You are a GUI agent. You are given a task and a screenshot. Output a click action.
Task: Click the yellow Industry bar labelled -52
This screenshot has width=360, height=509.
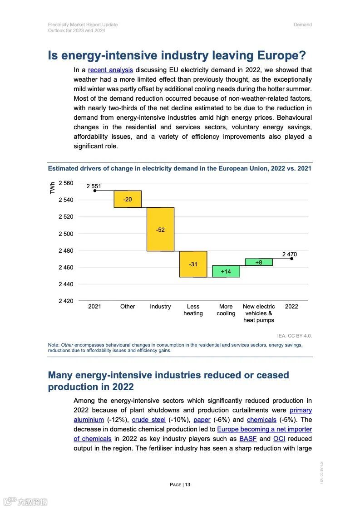pyautogui.click(x=160, y=230)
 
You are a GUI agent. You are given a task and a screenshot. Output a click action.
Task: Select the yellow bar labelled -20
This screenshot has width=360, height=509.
pyautogui.click(x=128, y=199)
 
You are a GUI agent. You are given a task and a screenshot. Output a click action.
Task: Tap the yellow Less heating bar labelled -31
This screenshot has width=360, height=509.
pyautogui.click(x=193, y=264)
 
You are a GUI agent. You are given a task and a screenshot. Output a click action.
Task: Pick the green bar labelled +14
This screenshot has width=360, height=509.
pyautogui.click(x=226, y=271)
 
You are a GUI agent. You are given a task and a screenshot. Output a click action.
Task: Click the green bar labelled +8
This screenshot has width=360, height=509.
pyautogui.click(x=259, y=262)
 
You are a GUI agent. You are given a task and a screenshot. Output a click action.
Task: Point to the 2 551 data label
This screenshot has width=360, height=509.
pyautogui.click(x=94, y=186)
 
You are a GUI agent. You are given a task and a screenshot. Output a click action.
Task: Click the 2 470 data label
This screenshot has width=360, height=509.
pyautogui.click(x=290, y=254)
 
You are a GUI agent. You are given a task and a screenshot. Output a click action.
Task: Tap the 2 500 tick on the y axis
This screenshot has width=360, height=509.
pyautogui.click(x=66, y=234)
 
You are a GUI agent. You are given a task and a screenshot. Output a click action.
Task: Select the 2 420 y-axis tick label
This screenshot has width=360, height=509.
pyautogui.click(x=66, y=301)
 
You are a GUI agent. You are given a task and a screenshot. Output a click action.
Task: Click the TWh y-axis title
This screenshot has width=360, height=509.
pyautogui.click(x=52, y=188)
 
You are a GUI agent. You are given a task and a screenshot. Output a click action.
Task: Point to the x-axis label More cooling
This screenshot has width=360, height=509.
pyautogui.click(x=226, y=310)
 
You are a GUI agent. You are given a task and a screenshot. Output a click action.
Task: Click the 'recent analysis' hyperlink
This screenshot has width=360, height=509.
pyautogui.click(x=110, y=70)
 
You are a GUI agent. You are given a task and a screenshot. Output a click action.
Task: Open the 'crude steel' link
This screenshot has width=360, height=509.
pyautogui.click(x=148, y=420)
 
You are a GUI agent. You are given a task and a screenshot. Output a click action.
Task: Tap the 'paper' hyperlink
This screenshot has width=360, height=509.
pyautogui.click(x=202, y=420)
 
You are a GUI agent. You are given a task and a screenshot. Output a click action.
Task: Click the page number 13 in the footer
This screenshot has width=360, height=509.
pyautogui.click(x=187, y=485)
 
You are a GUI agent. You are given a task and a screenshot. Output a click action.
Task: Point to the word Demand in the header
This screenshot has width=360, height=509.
pyautogui.click(x=302, y=24)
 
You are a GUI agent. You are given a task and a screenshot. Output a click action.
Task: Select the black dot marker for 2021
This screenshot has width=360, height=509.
pyautogui.click(x=94, y=191)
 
